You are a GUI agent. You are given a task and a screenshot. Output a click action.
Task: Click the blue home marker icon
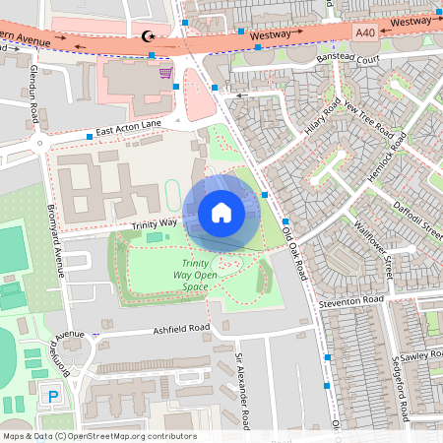point(221,213)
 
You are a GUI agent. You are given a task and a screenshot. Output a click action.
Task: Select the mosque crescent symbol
point(150,36)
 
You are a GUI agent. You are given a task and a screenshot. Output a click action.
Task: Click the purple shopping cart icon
point(165,71)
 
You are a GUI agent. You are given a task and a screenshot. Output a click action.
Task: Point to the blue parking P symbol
point(54,397)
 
